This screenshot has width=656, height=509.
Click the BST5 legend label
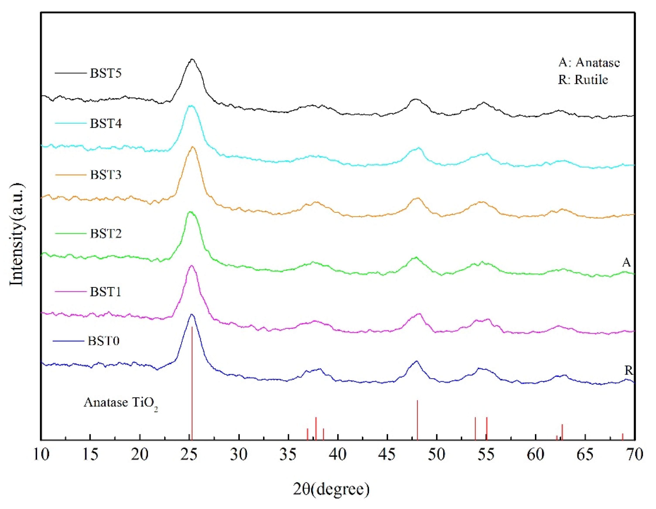coord(106,73)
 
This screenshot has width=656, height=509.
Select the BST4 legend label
coord(106,123)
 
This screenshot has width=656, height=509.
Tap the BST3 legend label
coord(106,175)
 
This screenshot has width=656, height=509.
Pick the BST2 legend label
coord(106,234)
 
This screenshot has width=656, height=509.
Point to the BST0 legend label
coord(104,341)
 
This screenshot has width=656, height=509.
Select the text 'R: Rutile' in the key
coord(583,80)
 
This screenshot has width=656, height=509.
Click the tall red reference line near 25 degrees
coord(192,382)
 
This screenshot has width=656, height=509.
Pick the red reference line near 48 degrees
coord(417,420)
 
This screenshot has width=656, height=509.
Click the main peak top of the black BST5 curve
coord(192,60)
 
